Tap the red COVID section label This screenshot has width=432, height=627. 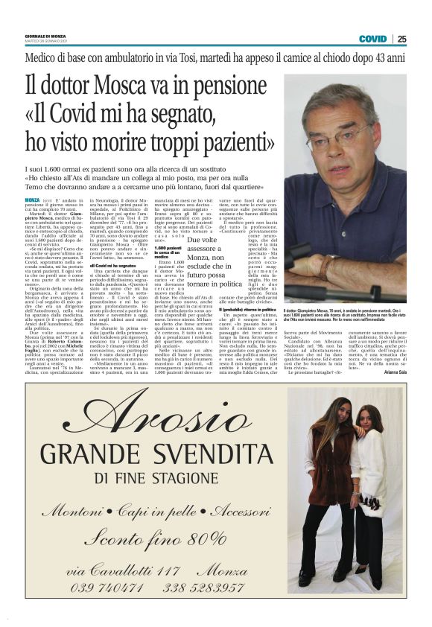point(372,39)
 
